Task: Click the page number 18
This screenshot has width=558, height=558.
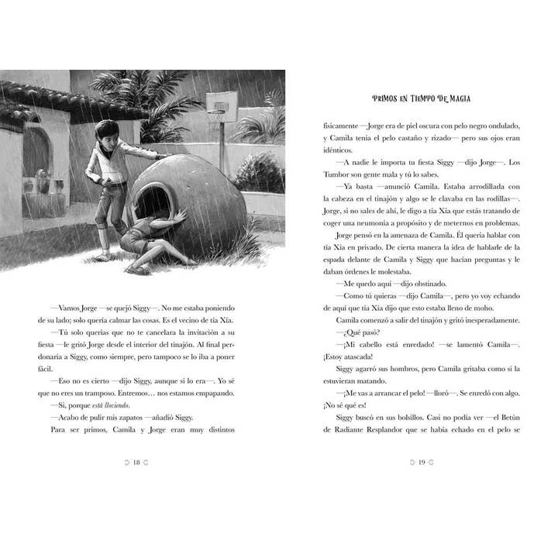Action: [x=136, y=463]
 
